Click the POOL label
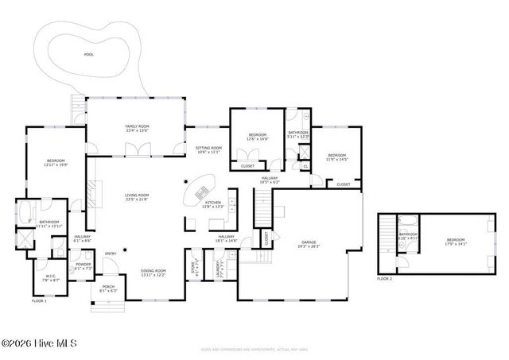88,55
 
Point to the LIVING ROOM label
137,195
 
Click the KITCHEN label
213,204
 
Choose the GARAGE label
309,243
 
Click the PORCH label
108,288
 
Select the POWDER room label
84,265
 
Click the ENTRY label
111,254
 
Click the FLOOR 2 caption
384,279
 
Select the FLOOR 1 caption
39,301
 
